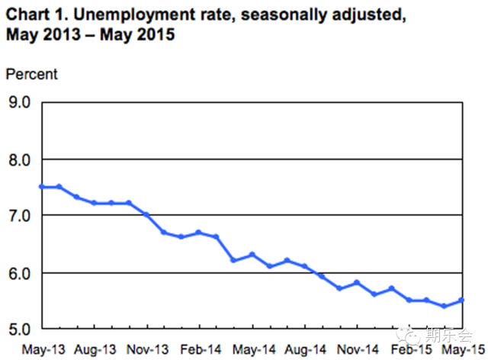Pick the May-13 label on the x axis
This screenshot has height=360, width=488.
(x=43, y=349)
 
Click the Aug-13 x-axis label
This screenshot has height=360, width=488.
(x=96, y=349)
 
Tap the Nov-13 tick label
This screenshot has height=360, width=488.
(x=147, y=349)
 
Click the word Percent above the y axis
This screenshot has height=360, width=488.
(x=32, y=74)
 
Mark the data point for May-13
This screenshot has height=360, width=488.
(x=41, y=187)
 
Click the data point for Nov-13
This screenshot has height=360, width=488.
(x=146, y=215)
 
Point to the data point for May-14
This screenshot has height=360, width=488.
(x=252, y=255)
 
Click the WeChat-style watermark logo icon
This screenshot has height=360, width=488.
(x=412, y=333)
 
